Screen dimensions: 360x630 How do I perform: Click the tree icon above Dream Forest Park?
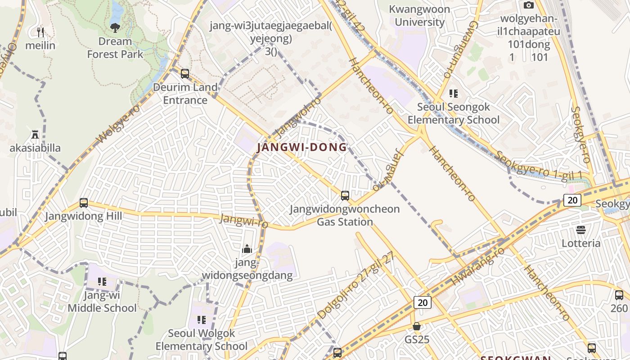[x=115, y=27]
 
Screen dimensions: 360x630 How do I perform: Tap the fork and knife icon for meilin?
[x=40, y=32]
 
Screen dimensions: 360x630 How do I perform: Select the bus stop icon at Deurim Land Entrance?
[x=184, y=73]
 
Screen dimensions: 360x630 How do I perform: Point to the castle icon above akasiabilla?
[x=35, y=135]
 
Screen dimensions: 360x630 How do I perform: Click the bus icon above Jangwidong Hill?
[x=84, y=202]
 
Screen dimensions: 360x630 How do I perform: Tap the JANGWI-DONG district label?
[x=302, y=147]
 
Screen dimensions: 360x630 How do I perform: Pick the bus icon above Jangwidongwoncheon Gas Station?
[x=345, y=195]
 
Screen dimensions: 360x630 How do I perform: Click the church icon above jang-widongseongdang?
[x=247, y=249]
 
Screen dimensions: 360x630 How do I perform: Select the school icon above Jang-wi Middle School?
[x=102, y=282]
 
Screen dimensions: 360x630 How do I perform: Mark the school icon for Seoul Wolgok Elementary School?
[x=202, y=319]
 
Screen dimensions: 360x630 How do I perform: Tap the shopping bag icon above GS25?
[x=417, y=326]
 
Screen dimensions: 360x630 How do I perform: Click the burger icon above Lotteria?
[x=581, y=229]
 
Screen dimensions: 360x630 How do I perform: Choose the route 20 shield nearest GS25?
[x=423, y=302]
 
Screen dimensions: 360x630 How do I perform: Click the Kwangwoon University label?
[x=419, y=15]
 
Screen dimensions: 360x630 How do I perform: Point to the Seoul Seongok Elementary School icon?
[x=454, y=94]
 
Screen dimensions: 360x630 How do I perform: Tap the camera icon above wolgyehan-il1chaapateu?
[x=529, y=5]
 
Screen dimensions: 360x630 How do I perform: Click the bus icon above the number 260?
[x=619, y=295]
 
